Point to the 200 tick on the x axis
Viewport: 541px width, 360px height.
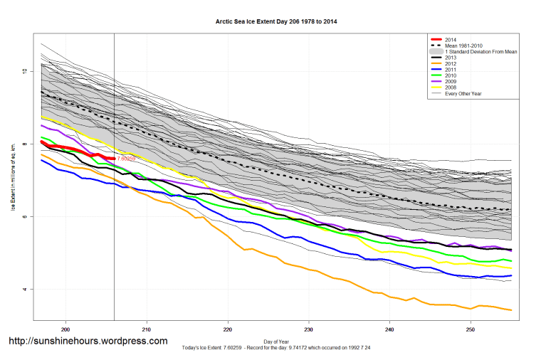65,329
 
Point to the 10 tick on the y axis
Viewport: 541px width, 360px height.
23,71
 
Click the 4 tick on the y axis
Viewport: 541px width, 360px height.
23,289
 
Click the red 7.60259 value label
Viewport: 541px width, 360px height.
126,159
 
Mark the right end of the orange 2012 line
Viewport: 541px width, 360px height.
511,309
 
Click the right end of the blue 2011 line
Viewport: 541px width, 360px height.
511,275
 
